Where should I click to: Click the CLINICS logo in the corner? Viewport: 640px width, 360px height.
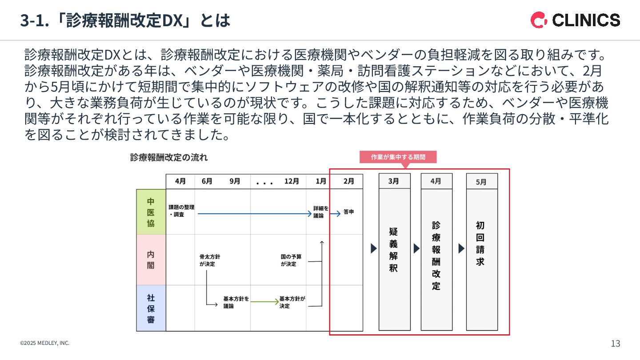[575, 20]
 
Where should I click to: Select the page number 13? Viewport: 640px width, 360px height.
[616, 344]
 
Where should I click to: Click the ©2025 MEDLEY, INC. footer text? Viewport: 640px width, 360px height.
[44, 343]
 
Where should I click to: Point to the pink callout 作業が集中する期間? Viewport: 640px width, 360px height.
[398, 157]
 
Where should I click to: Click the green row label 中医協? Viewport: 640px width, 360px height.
[151, 212]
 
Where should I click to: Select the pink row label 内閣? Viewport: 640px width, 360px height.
[151, 260]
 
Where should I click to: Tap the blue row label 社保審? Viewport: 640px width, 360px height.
[151, 308]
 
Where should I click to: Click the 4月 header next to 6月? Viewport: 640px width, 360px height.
[180, 181]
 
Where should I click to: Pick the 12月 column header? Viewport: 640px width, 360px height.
[292, 181]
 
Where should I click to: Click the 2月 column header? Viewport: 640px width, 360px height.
[349, 181]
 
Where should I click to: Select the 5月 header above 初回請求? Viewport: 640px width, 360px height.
[481, 182]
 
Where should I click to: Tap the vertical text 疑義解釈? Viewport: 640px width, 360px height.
[394, 250]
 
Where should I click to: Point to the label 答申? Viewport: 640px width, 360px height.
[349, 212]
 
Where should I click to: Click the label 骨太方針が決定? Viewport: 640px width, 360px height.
[210, 260]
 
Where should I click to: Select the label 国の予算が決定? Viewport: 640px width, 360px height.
[291, 260]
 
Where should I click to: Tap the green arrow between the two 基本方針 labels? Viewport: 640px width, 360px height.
[264, 302]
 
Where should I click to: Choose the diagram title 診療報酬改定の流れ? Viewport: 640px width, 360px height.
[169, 157]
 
